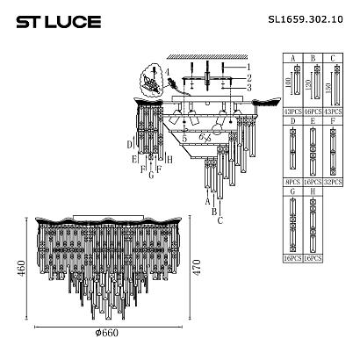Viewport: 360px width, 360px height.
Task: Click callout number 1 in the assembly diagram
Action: click(x=248, y=67)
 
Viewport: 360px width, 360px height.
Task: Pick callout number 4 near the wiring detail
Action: click(x=167, y=71)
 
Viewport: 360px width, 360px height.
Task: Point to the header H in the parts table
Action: click(x=312, y=193)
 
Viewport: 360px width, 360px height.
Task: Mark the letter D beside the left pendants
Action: click(x=129, y=143)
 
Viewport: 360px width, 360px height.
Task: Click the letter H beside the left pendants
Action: click(x=168, y=160)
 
